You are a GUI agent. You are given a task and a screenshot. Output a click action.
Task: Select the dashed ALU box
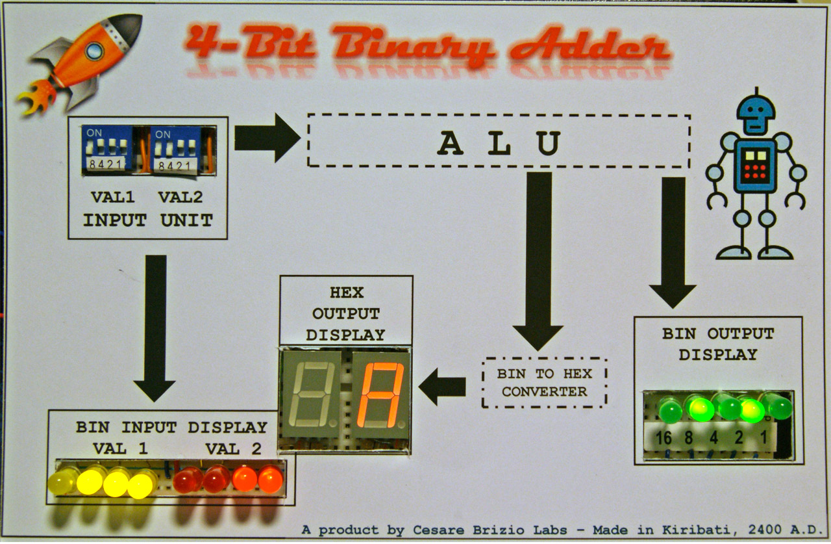coord(498,141)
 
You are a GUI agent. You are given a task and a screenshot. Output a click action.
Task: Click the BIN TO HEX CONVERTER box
coord(544,382)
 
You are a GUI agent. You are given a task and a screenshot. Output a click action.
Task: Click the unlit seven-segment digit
coord(315,395)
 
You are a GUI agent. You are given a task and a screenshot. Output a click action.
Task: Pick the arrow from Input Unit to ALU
coord(266,137)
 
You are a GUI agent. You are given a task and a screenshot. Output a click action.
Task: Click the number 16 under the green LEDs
coord(663,437)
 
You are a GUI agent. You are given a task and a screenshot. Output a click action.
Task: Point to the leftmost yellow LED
coord(62,481)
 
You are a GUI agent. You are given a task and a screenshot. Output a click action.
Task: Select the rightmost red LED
coord(270,480)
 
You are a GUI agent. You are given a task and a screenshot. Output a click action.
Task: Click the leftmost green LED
coord(669,409)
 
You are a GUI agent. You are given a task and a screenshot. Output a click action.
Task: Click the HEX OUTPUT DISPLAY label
coord(345,314)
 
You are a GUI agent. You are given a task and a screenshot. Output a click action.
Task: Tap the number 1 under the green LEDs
coord(763,437)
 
